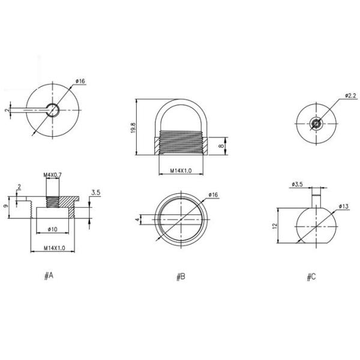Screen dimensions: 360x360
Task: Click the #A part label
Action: coord(49,275)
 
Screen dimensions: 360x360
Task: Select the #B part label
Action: coord(181,277)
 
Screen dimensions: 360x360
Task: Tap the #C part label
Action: coord(311,277)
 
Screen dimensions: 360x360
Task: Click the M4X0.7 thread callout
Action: coord(53,175)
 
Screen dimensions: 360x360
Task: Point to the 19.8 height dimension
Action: coord(133,128)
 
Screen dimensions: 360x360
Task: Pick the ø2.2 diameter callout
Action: coord(351,95)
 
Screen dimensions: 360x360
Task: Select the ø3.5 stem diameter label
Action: coord(298,184)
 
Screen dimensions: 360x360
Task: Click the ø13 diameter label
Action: coord(344,206)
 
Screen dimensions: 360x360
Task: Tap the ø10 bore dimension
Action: coord(53,229)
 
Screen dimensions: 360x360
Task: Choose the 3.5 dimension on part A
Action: coord(96,193)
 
